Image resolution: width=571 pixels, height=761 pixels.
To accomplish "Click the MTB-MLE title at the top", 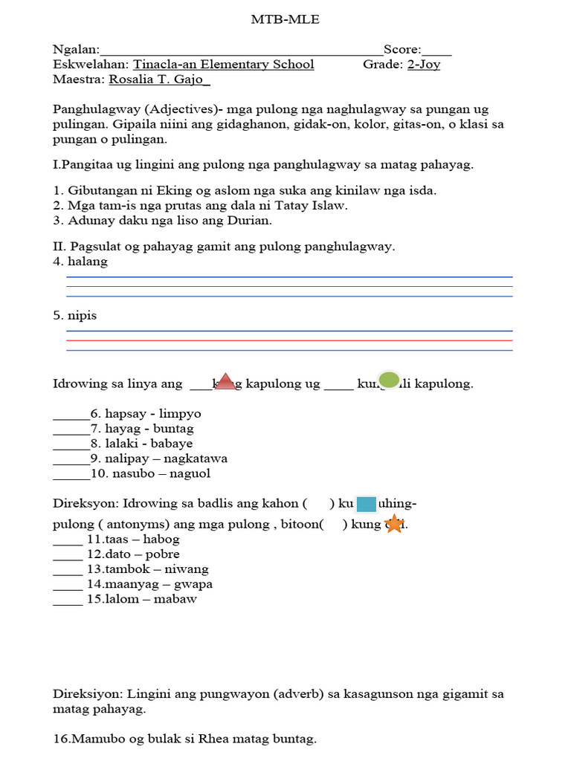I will click(285, 20).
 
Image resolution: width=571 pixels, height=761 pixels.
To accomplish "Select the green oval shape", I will click(389, 380).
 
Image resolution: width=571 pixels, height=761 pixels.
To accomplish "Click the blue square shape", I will click(367, 505).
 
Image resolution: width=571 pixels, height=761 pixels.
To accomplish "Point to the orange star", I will click(393, 524).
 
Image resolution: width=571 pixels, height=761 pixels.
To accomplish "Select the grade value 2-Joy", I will click(423, 65).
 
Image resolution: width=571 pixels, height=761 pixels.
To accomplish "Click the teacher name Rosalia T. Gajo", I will click(159, 80).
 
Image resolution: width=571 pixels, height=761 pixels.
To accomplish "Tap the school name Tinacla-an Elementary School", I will click(223, 65).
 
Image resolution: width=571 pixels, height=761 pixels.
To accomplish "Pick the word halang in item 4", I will click(88, 262).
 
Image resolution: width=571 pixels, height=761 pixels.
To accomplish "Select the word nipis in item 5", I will click(83, 316).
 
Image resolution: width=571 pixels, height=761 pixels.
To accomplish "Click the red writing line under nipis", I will click(289, 340).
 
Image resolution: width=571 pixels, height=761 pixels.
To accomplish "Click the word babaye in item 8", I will click(172, 444).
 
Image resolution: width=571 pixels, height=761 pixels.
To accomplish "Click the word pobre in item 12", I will click(163, 554).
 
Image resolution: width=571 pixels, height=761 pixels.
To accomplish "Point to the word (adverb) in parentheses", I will click(297, 694).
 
